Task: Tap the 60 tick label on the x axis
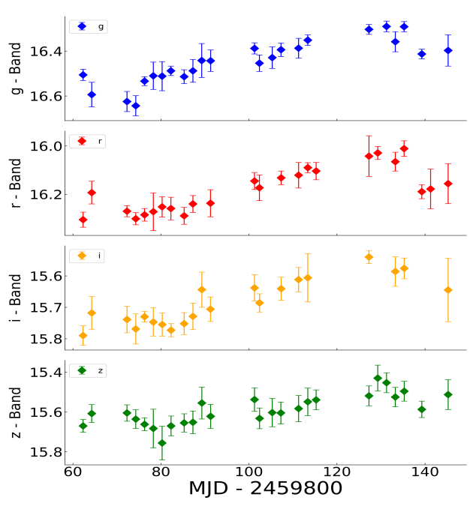pos(73,474)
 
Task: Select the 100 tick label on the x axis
pos(249,474)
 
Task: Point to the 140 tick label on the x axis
pos(426,474)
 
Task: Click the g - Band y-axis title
pos(16,68)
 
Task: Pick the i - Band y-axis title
pos(16,298)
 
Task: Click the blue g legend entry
pos(88,27)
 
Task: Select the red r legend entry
pos(88,141)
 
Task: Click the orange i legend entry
pos(88,256)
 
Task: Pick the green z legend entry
pos(88,370)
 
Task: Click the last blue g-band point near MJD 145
pos(448,50)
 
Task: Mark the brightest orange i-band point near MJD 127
pos(369,257)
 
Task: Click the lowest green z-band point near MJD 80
pos(162,443)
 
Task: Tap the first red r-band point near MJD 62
pos(83,220)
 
